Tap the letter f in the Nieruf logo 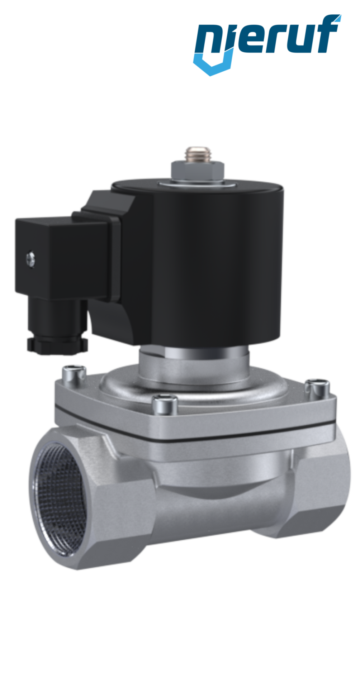click(327, 34)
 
